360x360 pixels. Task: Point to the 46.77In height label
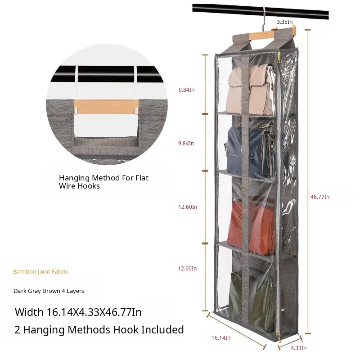pyautogui.click(x=320, y=197)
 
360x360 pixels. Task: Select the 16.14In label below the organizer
pyautogui.click(x=221, y=337)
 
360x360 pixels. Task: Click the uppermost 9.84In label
pyautogui.click(x=186, y=90)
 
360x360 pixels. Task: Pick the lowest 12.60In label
pyautogui.click(x=188, y=269)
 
